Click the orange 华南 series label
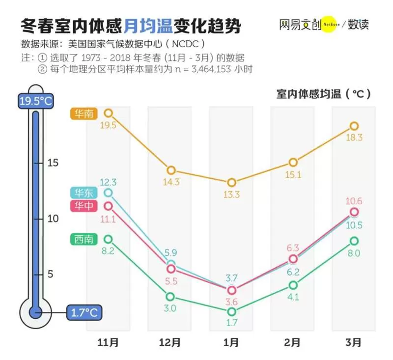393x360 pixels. pos(84,114)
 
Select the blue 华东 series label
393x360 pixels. pos(84,193)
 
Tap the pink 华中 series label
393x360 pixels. pos(84,206)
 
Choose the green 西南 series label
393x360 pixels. pos(84,239)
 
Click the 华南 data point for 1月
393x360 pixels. pos(231,182)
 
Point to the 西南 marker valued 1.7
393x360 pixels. pos(231,312)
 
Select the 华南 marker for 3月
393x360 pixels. pos(354,126)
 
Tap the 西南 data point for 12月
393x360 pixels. pos(170,297)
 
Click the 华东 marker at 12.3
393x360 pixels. pos(108,193)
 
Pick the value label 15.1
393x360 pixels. pos(293,175)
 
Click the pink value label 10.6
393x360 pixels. pos(354,201)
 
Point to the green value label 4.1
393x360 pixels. pos(293,297)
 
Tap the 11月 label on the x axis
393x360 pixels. pos(108,342)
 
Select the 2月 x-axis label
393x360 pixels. pos(292,342)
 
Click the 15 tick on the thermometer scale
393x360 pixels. pos(53,163)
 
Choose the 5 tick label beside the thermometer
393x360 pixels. pos(51,274)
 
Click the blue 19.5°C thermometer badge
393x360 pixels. pos(35,101)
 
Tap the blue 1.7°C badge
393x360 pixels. pos(84,313)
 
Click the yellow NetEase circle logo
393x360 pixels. pos(330,24)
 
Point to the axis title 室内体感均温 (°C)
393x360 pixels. pos(323,94)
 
